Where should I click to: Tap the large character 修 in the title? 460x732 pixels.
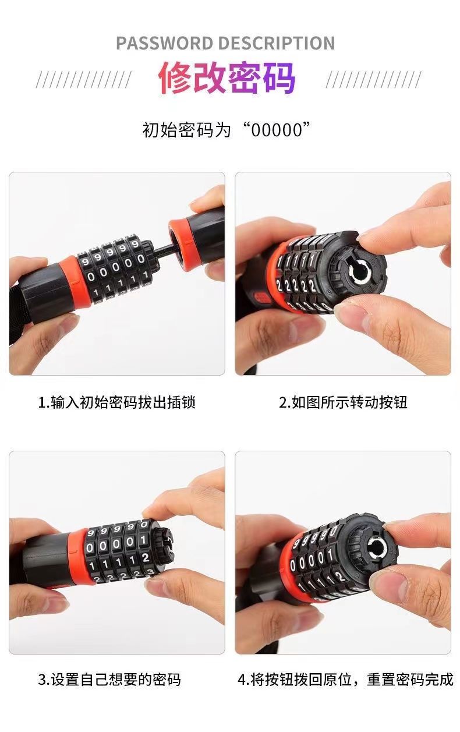175,78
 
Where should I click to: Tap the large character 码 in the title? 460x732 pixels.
279,78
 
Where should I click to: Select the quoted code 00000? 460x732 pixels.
277,130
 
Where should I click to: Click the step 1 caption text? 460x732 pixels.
117,402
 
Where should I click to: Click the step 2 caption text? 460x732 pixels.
343,402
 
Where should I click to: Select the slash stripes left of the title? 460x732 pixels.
84,80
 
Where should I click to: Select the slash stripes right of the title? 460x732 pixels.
374,80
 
